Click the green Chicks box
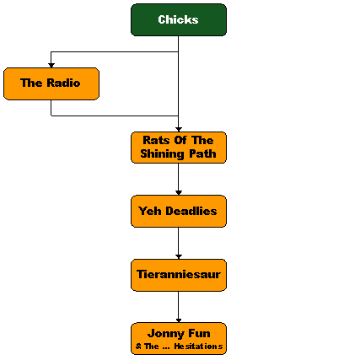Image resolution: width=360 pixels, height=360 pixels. point(179,19)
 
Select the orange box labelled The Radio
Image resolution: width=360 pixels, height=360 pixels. point(51,83)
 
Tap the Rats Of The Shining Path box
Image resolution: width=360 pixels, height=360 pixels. point(179,148)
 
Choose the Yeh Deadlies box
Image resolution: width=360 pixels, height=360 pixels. point(179,211)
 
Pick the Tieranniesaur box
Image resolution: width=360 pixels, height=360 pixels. point(179,275)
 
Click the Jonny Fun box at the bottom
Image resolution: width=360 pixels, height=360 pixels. point(179,339)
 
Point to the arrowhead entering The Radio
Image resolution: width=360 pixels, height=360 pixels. point(51,65)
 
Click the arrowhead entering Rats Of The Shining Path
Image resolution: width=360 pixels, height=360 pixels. point(179,129)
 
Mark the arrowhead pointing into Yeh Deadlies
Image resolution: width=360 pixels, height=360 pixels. point(179,193)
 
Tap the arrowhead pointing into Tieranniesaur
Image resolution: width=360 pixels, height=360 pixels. point(179,257)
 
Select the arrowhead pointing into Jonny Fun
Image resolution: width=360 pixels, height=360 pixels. point(179,320)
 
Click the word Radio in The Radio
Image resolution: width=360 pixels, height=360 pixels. point(63,83)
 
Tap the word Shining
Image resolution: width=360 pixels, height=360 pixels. point(162,154)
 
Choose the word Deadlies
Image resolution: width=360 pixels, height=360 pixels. point(191,211)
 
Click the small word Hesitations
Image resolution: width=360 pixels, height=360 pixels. point(198,347)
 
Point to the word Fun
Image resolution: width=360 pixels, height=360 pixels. point(199,333)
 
